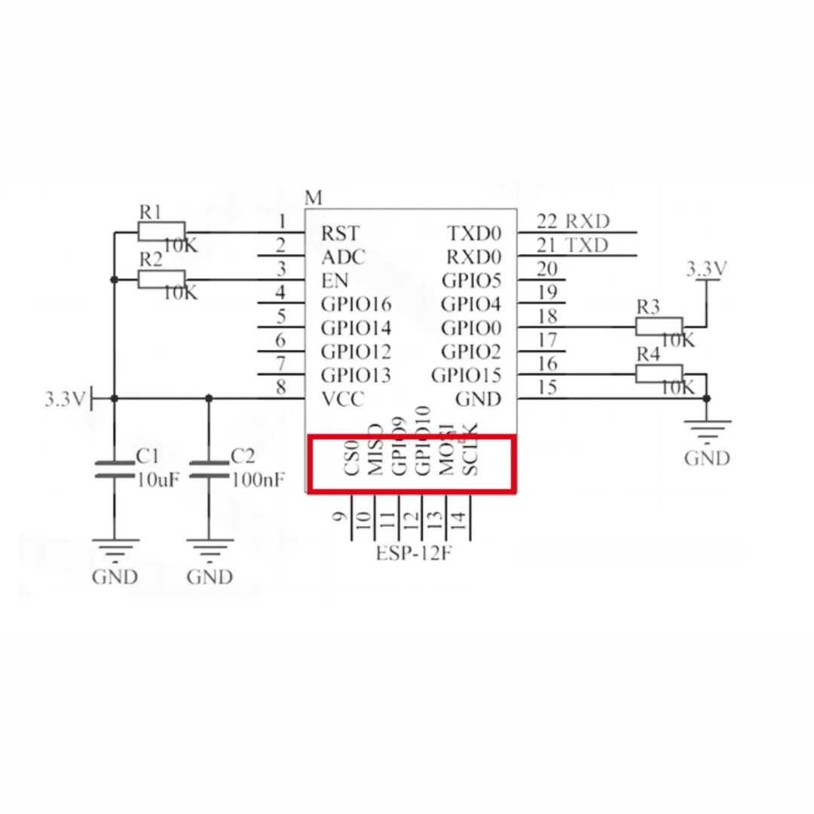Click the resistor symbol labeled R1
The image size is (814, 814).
click(161, 232)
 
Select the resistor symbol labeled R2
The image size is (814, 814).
click(161, 280)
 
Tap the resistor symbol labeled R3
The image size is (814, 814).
click(659, 326)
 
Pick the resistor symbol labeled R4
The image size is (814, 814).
click(659, 373)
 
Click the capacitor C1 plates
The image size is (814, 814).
click(114, 470)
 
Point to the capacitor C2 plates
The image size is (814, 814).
click(209, 470)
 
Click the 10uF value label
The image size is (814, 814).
click(158, 479)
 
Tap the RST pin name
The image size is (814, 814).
click(341, 234)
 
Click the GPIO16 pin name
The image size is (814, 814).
click(357, 304)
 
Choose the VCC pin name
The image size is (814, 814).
click(343, 399)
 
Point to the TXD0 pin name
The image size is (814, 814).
click(474, 234)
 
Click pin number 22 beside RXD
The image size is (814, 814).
click(547, 222)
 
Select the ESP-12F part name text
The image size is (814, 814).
click(414, 554)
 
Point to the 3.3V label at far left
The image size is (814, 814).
click(65, 399)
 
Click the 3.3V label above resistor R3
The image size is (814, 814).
click(706, 269)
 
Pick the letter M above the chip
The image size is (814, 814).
click(314, 198)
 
